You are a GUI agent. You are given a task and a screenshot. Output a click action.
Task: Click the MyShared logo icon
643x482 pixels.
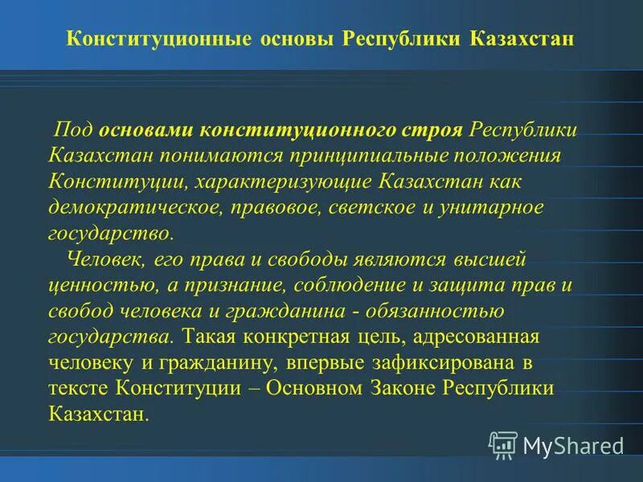coord(503,444)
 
